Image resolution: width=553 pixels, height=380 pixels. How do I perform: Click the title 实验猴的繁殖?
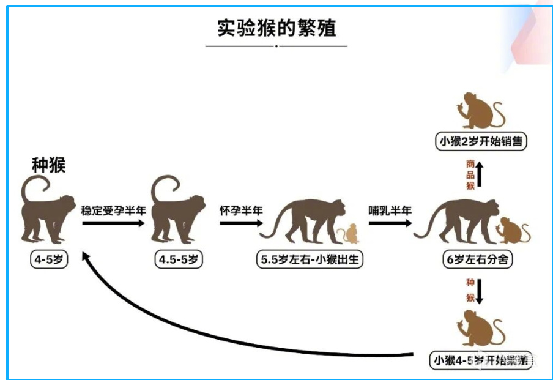(276, 28)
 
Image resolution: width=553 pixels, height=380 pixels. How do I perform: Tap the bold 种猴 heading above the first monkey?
(48, 165)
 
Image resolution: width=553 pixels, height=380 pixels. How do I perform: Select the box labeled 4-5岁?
(50, 259)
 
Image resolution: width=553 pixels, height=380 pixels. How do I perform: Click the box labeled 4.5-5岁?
(179, 259)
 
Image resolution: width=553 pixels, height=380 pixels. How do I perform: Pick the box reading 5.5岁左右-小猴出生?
(310, 259)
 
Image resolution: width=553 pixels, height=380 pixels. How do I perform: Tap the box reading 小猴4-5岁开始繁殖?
(480, 359)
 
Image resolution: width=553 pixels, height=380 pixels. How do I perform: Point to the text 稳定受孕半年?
(113, 210)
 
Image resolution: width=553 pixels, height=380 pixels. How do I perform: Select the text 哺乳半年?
(390, 210)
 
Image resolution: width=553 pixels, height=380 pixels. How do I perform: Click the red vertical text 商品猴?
(470, 174)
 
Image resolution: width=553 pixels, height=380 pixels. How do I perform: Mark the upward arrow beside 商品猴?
(480, 174)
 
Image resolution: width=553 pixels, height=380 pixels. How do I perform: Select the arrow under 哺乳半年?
(390, 223)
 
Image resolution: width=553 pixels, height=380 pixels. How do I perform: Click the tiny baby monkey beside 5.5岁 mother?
(350, 234)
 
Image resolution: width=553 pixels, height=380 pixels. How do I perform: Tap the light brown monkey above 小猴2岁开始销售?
(480, 110)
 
